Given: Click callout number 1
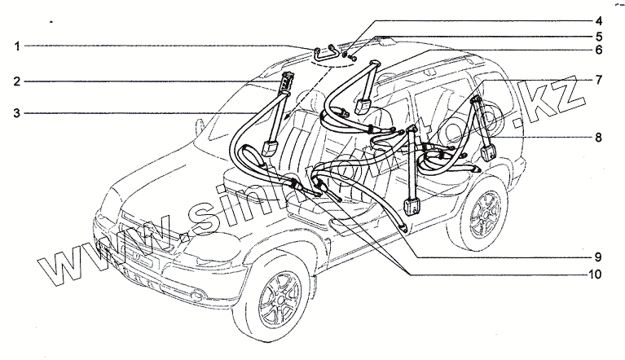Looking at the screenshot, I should [x=16, y=47].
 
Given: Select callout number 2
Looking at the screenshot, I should [x=16, y=81].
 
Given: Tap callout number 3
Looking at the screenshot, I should [x=16, y=112].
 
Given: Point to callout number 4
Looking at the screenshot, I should [x=597, y=20].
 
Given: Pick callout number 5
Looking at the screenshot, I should [x=597, y=36].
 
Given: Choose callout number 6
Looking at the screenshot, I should [x=597, y=50].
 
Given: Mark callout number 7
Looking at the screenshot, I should [x=597, y=80].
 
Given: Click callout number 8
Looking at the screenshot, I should [x=597, y=138].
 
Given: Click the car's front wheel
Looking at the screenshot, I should [x=279, y=307].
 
